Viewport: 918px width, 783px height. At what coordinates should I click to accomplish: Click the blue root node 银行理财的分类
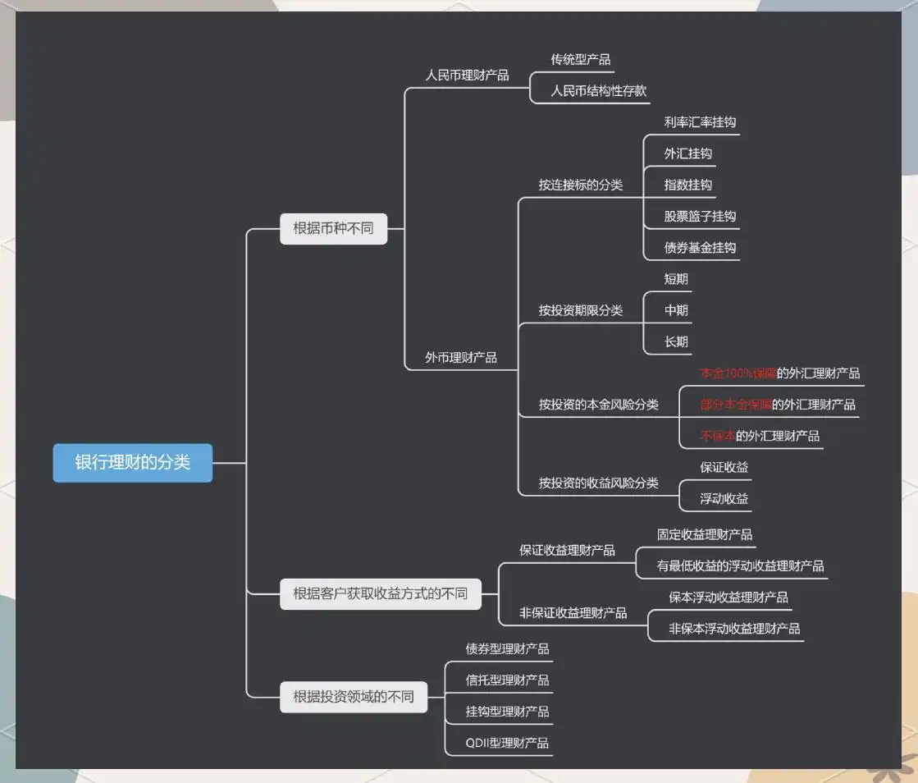point(133,463)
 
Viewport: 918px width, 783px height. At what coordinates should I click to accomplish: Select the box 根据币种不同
point(333,228)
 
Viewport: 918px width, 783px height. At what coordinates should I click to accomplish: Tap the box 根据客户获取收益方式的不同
point(380,593)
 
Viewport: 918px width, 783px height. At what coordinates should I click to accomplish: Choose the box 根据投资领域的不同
point(354,698)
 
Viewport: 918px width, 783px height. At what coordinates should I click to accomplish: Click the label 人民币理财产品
point(467,76)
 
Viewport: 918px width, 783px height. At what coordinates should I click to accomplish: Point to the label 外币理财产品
point(460,358)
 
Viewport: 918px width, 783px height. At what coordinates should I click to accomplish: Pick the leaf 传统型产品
point(581,60)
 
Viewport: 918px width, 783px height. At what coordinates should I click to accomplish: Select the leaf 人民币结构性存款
point(599,91)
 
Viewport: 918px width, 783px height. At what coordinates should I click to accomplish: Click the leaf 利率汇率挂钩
point(700,122)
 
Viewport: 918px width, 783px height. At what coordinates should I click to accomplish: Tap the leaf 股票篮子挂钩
point(700,217)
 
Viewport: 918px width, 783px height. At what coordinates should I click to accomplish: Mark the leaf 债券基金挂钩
point(700,248)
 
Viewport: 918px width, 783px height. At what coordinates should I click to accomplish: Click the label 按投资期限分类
point(580,310)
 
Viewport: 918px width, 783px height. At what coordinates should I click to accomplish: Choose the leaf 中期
point(676,310)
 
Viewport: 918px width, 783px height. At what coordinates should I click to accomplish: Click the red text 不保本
point(717,436)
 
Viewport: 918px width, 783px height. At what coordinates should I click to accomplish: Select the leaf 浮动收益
point(724,499)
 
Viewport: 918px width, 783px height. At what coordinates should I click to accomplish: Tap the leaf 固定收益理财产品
point(704,534)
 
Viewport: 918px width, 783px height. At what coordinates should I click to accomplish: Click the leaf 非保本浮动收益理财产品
point(734,629)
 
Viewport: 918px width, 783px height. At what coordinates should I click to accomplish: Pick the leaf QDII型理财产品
point(507,744)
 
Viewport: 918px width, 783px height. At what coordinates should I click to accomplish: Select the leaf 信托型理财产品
point(507,680)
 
